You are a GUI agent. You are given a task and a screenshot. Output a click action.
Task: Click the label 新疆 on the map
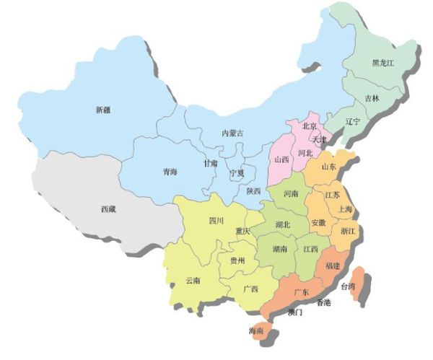[103, 110]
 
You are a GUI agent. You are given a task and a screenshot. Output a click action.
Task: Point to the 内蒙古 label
[232, 133]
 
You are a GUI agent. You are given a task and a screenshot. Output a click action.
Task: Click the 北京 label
[310, 126]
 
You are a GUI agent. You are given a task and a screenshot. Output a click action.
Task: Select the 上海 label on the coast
[345, 209]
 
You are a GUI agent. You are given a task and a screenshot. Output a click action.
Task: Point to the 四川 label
[216, 220]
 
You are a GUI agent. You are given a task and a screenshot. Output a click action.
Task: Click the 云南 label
[193, 280]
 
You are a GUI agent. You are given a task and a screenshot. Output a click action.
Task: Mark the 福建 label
[333, 266]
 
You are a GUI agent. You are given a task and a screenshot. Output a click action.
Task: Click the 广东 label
[302, 292]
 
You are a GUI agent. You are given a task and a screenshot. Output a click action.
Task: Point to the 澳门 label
[294, 313]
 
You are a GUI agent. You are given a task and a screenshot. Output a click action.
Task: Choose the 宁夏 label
[237, 174]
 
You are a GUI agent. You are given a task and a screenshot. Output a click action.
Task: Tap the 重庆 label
[242, 232]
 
